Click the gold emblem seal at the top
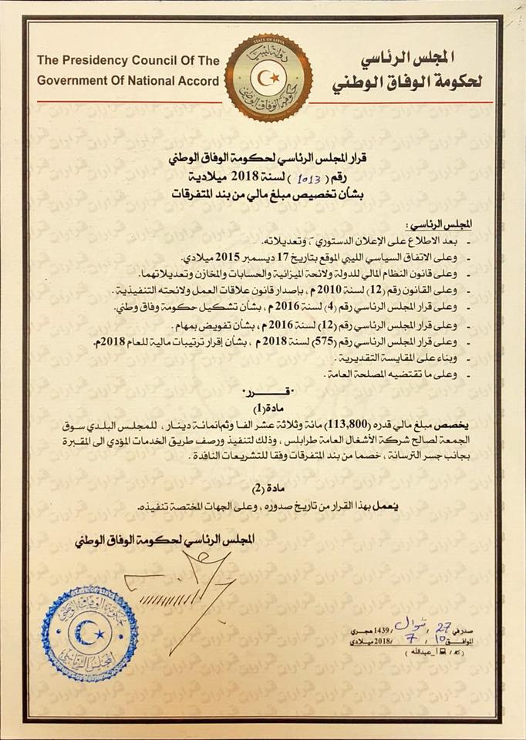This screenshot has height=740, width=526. [x=268, y=77]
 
